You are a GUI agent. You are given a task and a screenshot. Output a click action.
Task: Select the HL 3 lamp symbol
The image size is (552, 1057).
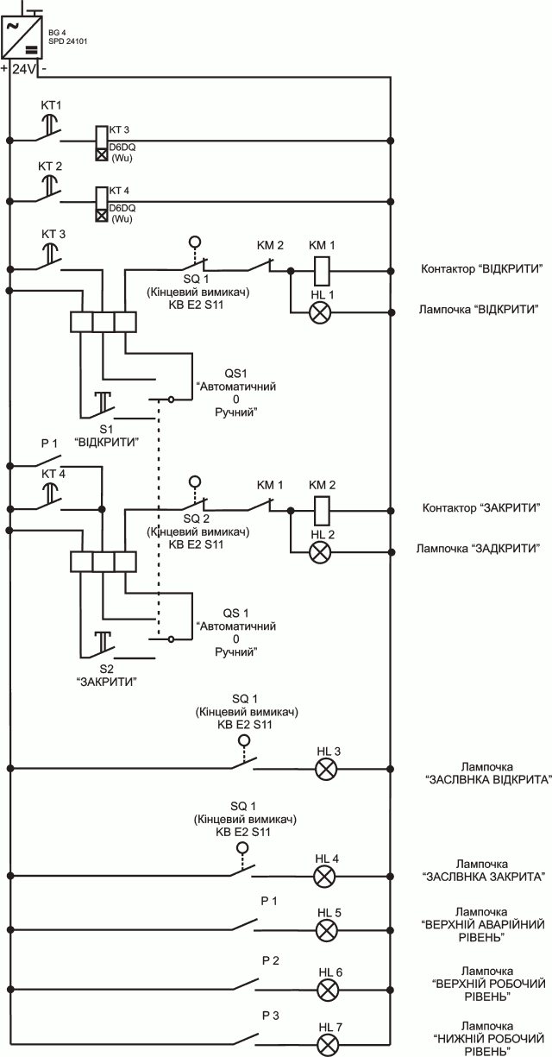coord(327,770)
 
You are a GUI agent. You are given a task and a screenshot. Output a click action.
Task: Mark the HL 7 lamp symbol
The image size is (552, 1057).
coord(327,1045)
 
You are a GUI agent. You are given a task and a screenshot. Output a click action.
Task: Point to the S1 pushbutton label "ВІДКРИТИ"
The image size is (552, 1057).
coord(107,441)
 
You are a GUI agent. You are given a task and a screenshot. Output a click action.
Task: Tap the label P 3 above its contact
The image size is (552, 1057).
coord(270,1015)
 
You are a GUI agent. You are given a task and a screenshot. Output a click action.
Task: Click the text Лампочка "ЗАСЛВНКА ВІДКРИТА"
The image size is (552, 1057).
coord(487,772)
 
